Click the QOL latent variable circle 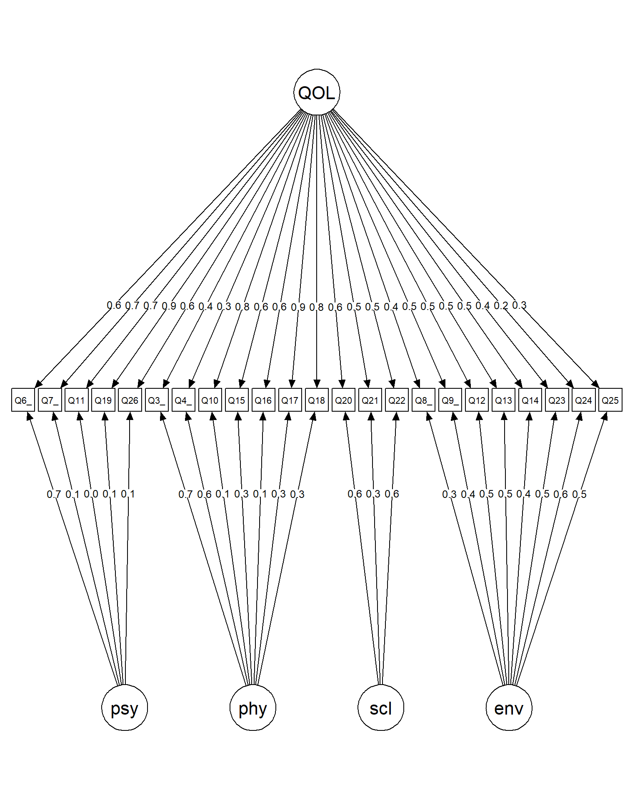point(317,92)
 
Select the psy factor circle point(125,707)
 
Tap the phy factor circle point(252,707)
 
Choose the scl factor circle point(381,707)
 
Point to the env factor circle point(509,707)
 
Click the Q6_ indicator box point(23,400)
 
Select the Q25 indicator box point(610,400)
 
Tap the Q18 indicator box point(317,400)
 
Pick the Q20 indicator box point(343,400)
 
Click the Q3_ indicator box point(157,400)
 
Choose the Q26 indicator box point(130,400)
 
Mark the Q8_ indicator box point(423,400)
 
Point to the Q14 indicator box point(530,400)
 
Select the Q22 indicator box point(397,400)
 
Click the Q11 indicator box point(77,400)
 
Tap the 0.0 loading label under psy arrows point(91,494)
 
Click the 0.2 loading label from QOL point(501,306)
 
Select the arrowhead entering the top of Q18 point(317,384)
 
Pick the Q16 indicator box point(263,400)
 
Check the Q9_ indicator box point(450,400)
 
